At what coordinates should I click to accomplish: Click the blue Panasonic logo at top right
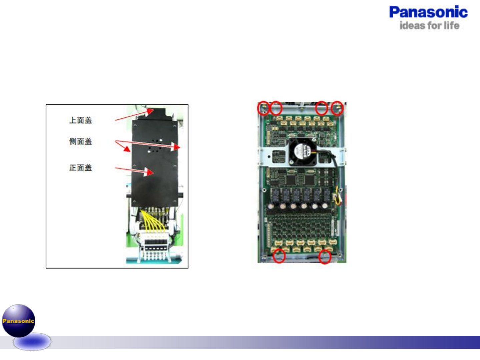(428, 12)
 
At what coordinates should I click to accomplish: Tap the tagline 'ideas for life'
(429, 26)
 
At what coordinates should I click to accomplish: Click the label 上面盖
(80, 120)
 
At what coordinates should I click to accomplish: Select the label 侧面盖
(80, 141)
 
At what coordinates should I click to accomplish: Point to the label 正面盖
(80, 168)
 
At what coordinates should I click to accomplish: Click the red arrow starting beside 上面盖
(133, 114)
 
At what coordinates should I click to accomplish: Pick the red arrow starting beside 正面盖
(133, 170)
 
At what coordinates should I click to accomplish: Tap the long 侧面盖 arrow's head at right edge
(176, 147)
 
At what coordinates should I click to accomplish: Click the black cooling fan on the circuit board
(302, 152)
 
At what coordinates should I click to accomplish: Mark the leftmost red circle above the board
(263, 108)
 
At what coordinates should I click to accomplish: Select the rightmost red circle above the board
(337, 108)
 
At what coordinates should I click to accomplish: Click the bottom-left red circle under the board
(279, 256)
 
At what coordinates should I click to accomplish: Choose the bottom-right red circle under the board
(325, 257)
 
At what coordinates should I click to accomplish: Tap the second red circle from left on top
(276, 108)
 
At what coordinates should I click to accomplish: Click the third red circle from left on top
(322, 108)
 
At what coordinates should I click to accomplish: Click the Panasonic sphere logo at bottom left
(19, 321)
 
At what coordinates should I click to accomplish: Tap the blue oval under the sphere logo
(32, 342)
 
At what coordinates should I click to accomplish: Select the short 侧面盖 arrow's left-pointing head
(127, 149)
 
